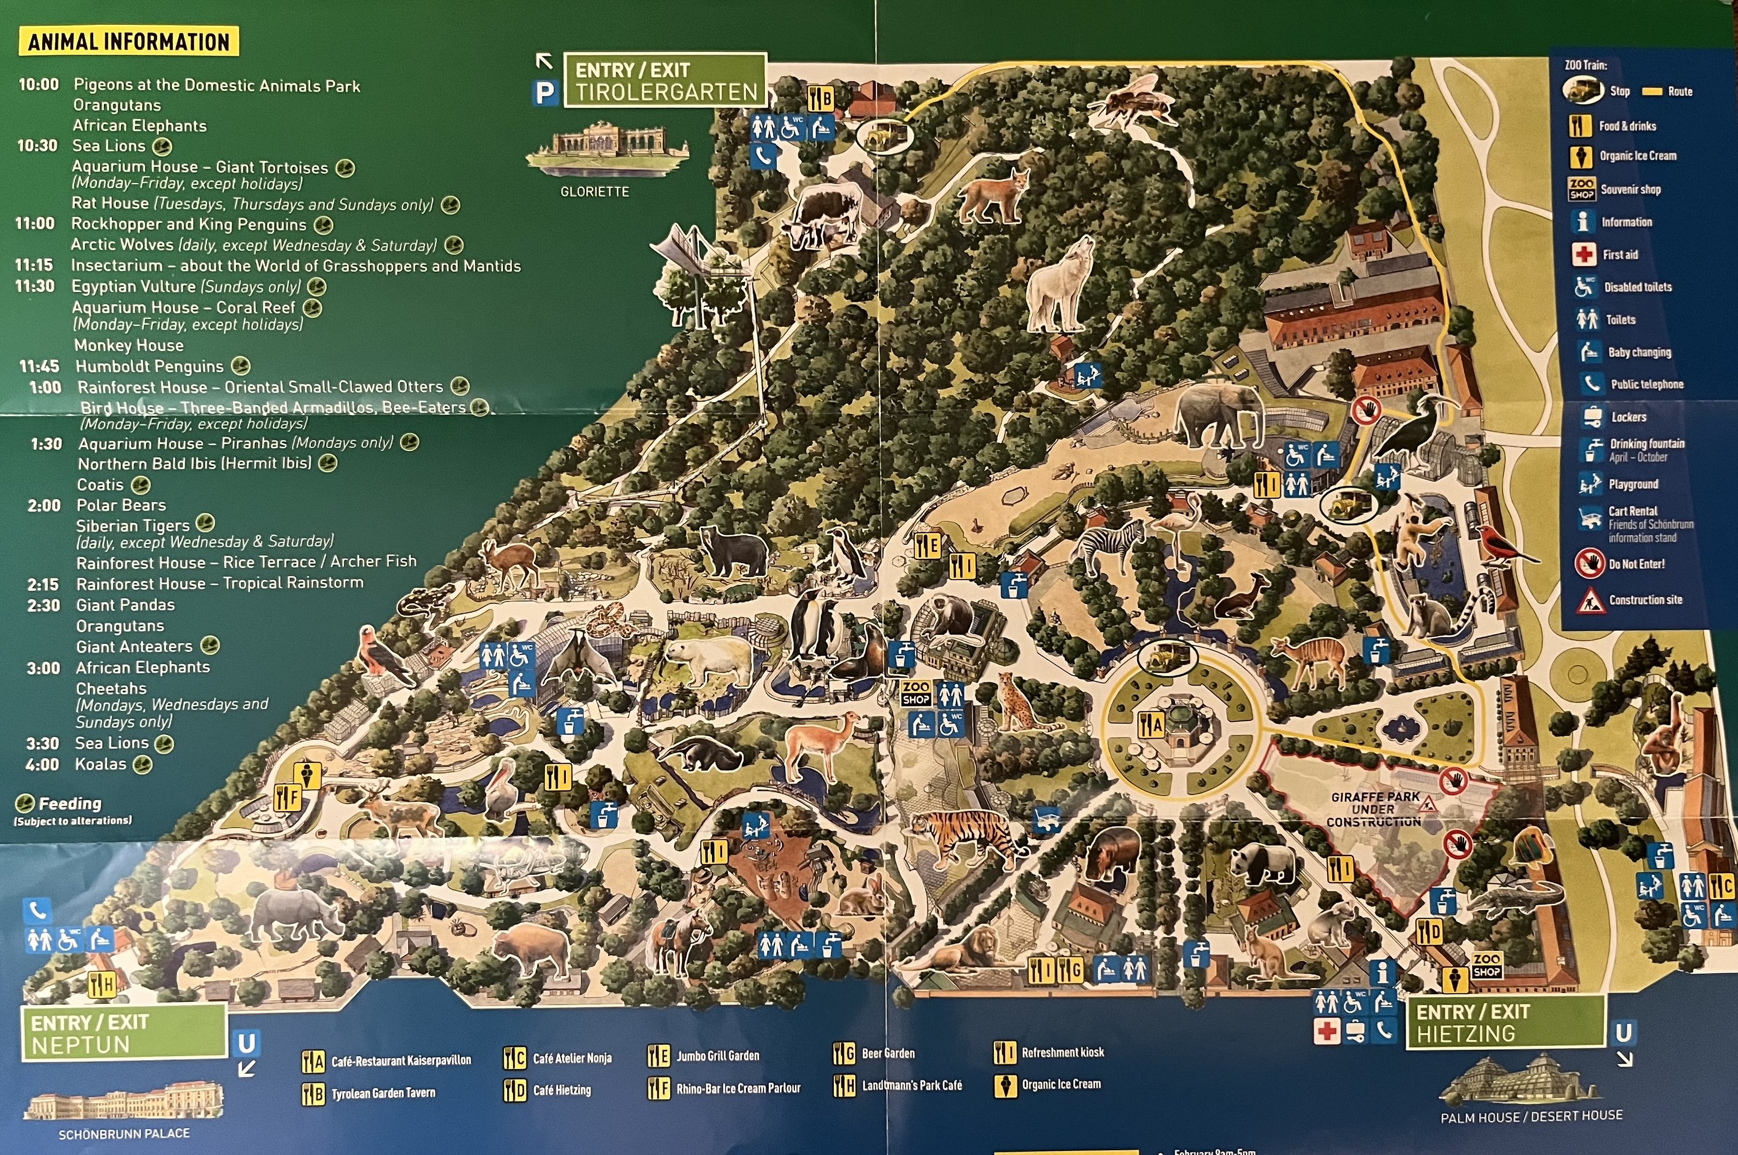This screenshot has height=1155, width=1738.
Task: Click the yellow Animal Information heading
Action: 128,42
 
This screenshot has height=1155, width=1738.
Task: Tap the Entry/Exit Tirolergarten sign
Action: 665,81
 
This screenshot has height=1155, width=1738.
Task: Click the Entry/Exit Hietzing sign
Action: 1505,1022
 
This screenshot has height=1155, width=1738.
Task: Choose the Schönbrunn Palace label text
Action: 124,1134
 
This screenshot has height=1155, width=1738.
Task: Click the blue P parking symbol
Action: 545,93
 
